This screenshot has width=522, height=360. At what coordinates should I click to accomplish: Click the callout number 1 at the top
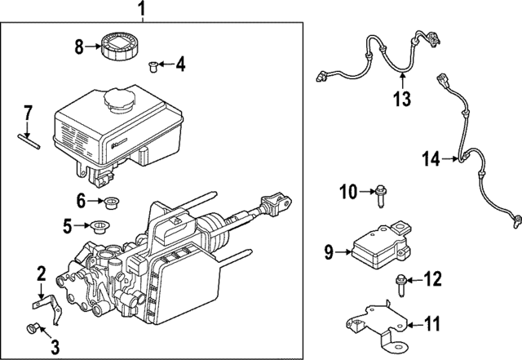[140, 11]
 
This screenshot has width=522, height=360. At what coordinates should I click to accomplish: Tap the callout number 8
[79, 47]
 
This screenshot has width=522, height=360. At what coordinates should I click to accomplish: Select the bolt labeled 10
[381, 193]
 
